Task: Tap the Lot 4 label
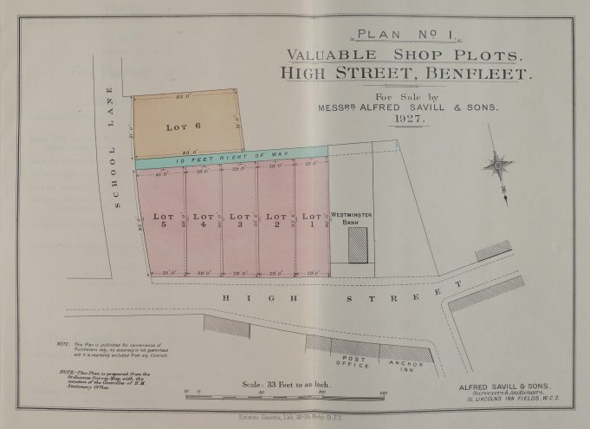click(x=203, y=221)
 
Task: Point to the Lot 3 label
click(x=238, y=221)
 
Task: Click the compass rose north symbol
click(x=499, y=162)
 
